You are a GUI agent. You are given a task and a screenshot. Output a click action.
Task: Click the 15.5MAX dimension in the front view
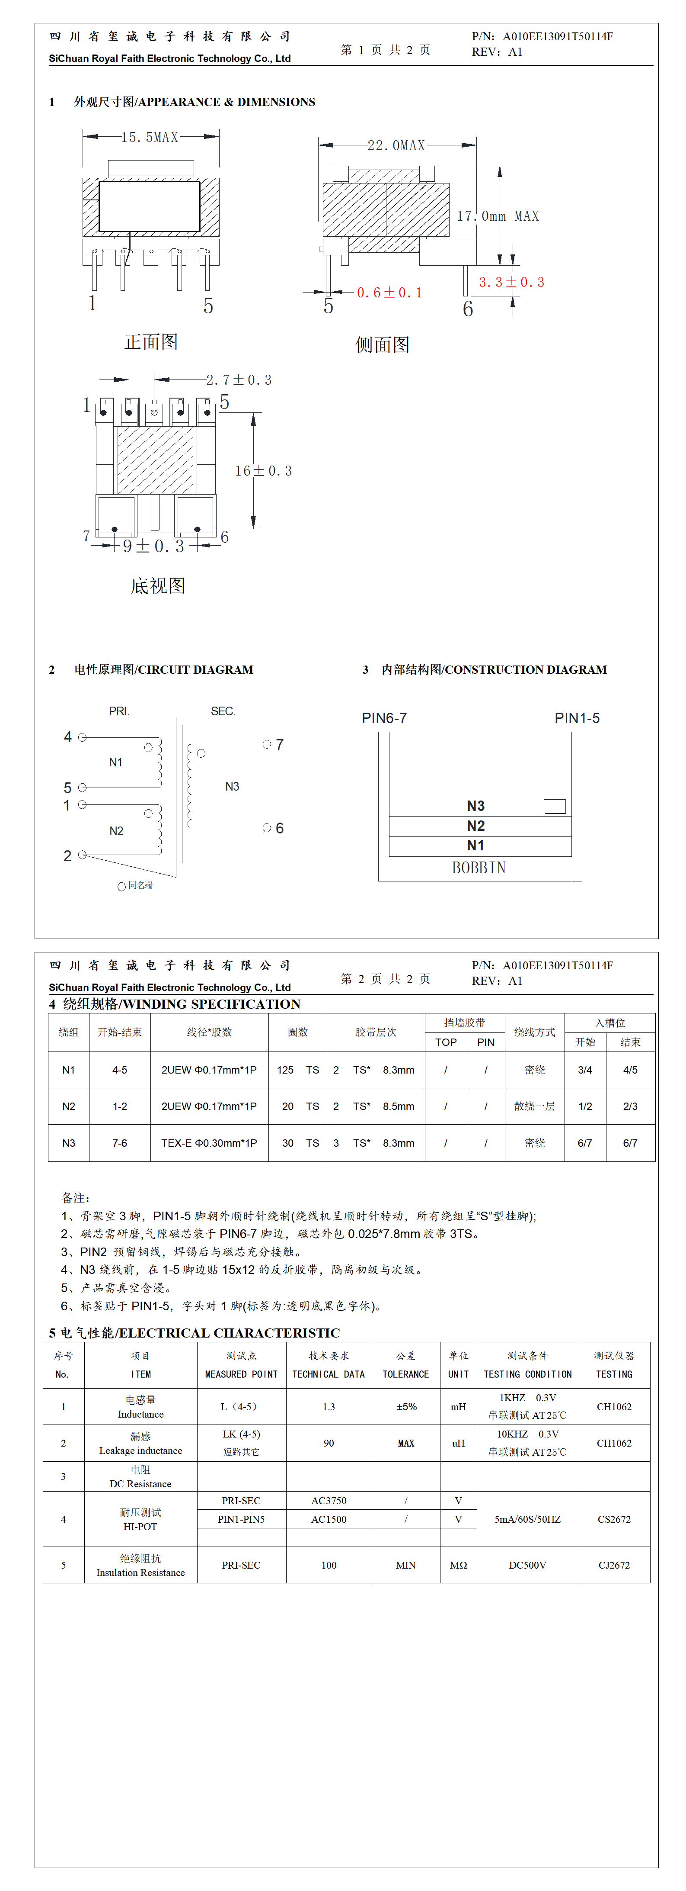150,137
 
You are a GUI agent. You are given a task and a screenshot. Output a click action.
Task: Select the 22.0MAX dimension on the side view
396,145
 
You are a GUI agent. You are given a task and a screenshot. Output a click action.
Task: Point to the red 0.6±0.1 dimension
389,293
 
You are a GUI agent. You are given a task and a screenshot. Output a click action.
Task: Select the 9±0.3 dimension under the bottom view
153,546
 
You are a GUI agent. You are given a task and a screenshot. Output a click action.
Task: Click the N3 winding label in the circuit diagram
232,786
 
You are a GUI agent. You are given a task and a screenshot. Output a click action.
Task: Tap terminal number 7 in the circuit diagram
280,744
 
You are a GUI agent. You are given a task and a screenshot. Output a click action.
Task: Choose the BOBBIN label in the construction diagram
479,868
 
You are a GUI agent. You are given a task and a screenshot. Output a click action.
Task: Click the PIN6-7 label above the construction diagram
384,718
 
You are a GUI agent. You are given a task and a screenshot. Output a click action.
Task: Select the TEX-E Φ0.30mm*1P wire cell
209,1143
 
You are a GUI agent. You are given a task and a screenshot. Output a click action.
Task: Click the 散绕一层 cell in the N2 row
534,1106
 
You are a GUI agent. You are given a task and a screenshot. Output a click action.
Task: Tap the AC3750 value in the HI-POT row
329,1501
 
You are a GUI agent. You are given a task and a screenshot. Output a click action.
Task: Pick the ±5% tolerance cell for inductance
406,1406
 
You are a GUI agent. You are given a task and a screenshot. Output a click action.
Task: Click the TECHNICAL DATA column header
329,1374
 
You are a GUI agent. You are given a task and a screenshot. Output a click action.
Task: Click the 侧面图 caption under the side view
382,345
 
